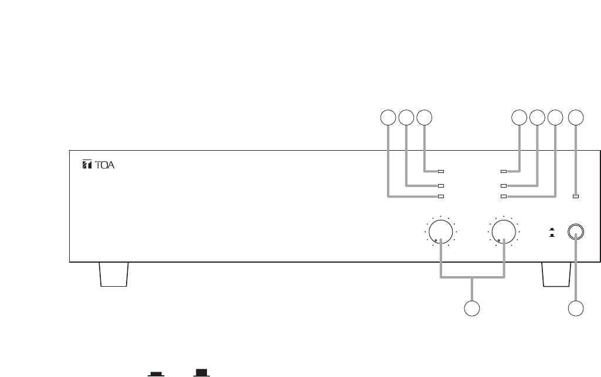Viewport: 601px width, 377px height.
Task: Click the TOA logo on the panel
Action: (x=99, y=165)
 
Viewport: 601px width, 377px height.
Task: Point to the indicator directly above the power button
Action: (x=576, y=196)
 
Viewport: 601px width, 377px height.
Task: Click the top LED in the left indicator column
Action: (x=441, y=172)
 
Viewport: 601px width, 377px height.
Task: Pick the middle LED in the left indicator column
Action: (x=441, y=185)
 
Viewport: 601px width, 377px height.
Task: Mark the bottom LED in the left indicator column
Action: (x=441, y=196)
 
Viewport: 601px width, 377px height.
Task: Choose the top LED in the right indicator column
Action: (x=503, y=172)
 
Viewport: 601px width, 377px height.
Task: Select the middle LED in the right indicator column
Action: (x=503, y=185)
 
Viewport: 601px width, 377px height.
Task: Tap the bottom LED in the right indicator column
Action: (x=503, y=196)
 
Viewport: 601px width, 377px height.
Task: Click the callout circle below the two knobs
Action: (x=472, y=308)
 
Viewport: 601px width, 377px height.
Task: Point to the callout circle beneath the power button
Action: (x=577, y=308)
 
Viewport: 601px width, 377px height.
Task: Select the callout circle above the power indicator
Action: (x=577, y=117)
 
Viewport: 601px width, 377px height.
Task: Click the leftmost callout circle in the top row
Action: (x=387, y=117)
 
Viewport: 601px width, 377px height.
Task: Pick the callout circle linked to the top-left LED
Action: (x=425, y=117)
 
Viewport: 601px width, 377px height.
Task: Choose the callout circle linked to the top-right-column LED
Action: (x=518, y=117)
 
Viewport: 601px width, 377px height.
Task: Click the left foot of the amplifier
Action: (x=114, y=274)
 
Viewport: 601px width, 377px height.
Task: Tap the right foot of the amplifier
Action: (x=556, y=274)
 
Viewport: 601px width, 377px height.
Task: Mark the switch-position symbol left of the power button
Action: (x=551, y=233)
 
